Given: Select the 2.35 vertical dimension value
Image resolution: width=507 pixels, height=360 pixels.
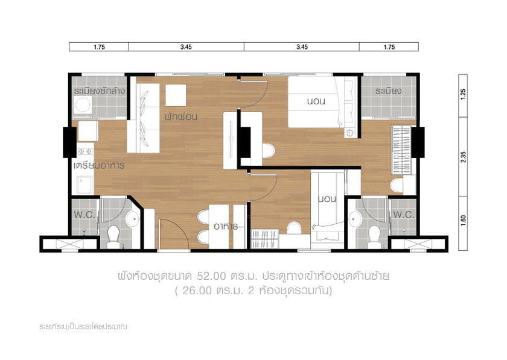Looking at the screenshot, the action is tap(464, 157).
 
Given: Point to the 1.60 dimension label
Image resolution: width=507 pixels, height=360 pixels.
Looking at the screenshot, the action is tap(464, 220).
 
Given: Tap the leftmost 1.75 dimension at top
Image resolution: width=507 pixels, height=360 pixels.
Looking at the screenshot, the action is tap(99, 47).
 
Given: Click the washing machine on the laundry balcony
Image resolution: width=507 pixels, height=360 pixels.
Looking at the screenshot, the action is tap(83, 105).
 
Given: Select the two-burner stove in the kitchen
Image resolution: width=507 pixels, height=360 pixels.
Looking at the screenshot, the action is tap(86, 151).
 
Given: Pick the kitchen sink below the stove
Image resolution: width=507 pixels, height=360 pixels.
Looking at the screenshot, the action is tap(84, 185).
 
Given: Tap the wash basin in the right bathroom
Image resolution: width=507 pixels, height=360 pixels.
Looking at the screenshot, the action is tap(355, 219).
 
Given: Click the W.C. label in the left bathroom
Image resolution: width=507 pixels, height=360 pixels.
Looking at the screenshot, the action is tap(84, 215).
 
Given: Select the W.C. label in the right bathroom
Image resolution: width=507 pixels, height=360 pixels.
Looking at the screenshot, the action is tap(404, 215).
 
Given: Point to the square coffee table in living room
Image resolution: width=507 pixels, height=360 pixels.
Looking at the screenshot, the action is tap(176, 95).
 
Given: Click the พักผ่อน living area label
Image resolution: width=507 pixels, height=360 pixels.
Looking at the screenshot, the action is tap(181, 116).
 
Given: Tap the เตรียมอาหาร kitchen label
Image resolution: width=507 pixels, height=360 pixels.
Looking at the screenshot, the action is tap(99, 165).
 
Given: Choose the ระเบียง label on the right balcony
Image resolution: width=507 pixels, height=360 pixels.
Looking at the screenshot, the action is tap(388, 91).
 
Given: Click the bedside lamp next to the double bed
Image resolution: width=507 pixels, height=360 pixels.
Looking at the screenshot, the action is tap(349, 133).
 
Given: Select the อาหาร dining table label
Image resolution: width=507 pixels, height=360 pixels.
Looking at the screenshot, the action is tap(226, 226).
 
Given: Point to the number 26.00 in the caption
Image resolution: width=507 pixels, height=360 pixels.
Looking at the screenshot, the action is tap(197, 291).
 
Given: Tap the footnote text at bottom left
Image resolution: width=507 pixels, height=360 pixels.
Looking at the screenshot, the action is tap(83, 326).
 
